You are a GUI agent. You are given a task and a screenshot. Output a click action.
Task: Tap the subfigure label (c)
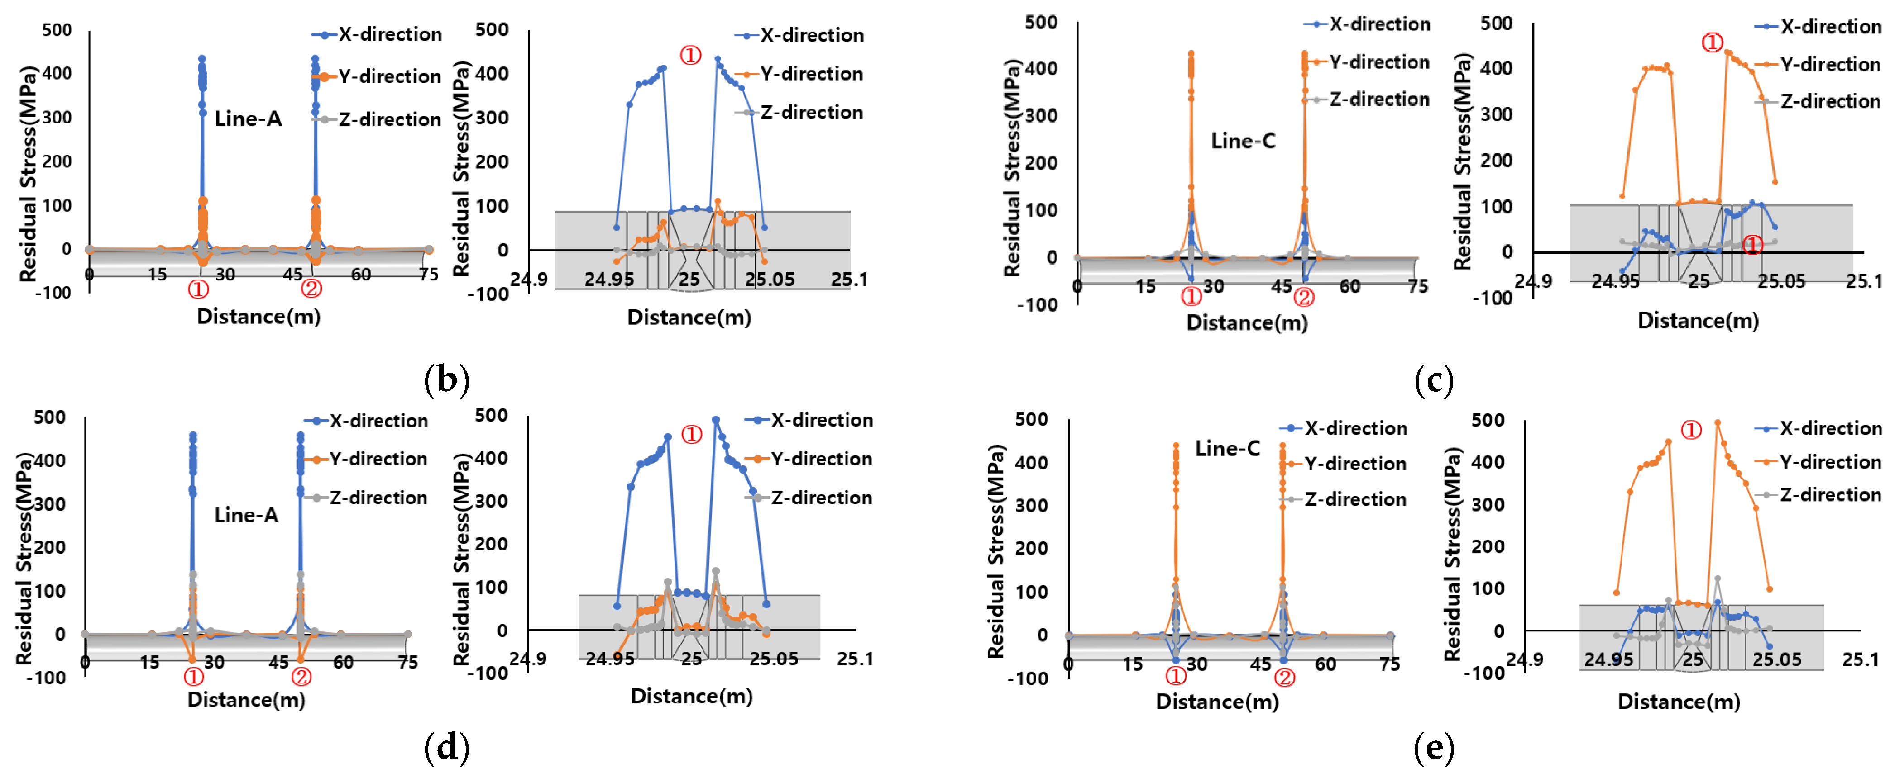1433,379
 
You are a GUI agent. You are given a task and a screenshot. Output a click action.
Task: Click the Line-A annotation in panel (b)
248,119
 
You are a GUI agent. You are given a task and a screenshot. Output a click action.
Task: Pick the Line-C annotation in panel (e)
1227,448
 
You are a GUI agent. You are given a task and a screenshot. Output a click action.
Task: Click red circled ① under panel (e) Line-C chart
1175,675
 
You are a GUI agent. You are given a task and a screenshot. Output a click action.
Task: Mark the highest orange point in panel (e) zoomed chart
1717,422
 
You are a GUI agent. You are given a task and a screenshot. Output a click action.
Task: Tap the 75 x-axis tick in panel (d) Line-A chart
407,662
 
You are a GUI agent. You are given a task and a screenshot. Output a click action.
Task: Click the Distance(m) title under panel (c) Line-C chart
1247,322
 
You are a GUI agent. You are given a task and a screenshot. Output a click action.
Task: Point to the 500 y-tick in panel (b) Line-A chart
57,30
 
